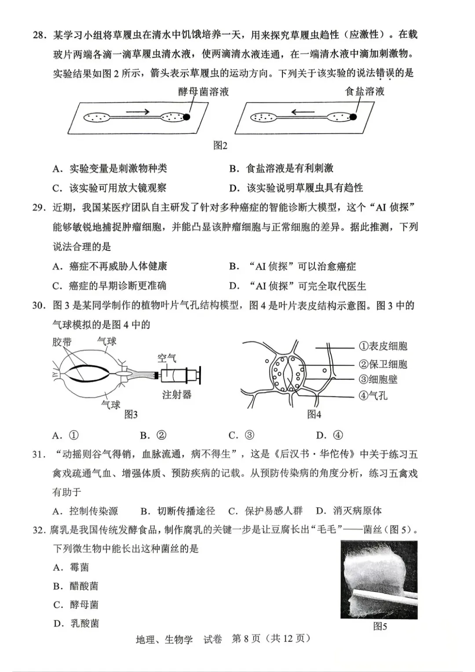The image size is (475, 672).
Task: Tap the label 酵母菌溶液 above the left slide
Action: tap(203, 91)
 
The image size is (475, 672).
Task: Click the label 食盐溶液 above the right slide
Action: tap(365, 91)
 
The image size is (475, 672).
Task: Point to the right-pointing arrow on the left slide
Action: tap(138, 112)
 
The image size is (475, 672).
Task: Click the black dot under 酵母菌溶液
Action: tap(186, 117)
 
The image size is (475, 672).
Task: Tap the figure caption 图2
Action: tap(220, 146)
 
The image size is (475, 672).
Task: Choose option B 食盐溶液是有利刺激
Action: tap(281, 168)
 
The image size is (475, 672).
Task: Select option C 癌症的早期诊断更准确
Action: tap(109, 285)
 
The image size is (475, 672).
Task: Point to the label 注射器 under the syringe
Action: tap(177, 394)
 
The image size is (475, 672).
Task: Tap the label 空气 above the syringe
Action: tap(167, 358)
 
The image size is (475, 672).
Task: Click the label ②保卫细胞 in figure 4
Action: tap(383, 364)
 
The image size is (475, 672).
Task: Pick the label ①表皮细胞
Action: tap(383, 346)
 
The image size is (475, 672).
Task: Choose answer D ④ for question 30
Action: tap(329, 435)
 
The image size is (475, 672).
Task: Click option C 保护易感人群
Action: tap(265, 511)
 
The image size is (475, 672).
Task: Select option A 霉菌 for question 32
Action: tap(71, 567)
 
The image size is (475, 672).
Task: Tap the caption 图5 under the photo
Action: tap(380, 626)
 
